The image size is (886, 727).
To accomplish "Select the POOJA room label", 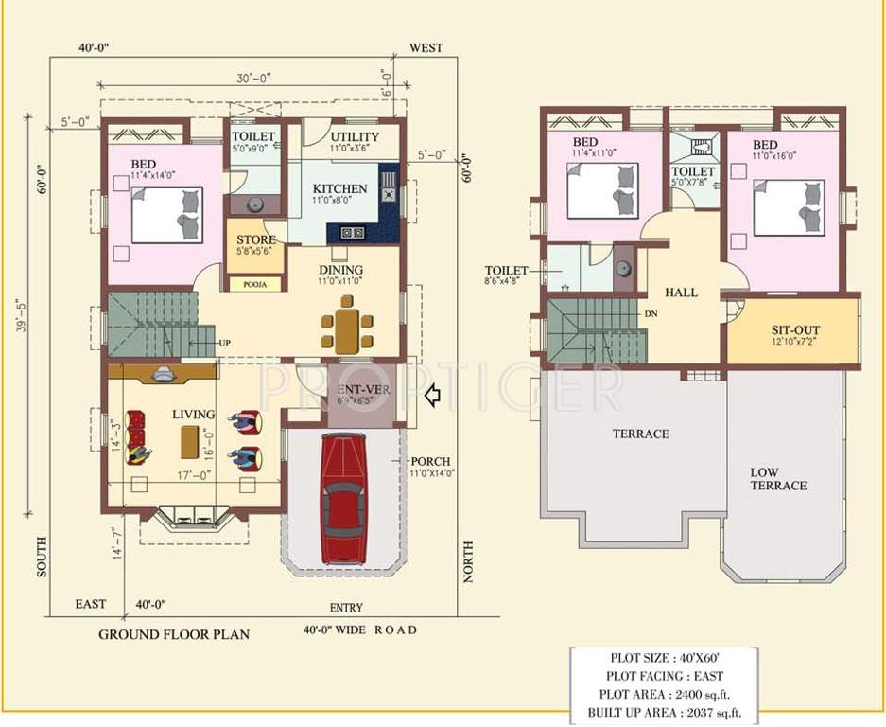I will point(254,284).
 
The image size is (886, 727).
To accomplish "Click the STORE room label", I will point(254,240).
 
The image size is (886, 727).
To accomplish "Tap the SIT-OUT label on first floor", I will point(794,330).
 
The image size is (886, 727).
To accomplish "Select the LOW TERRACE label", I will point(778,479).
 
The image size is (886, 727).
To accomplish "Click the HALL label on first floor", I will point(680,293).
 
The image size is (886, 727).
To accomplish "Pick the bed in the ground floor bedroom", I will point(167,215).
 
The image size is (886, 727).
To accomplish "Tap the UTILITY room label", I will point(354,137).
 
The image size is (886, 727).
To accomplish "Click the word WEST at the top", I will point(425,48).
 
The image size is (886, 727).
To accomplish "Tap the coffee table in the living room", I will point(190,440).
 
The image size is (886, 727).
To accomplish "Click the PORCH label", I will point(430,462).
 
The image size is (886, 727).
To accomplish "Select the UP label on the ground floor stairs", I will point(225,342).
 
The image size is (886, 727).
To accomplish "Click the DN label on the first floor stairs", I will point(651,313).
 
